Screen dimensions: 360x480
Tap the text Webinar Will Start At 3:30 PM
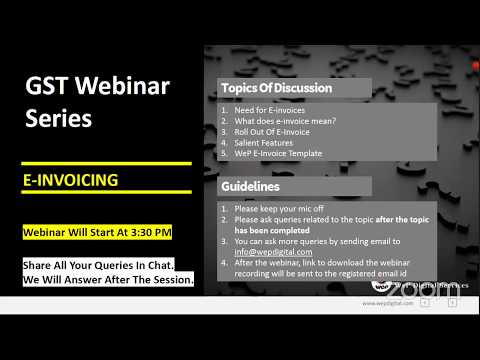[x=97, y=232]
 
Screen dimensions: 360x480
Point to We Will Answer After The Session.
[x=107, y=280]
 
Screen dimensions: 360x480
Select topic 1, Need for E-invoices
[x=270, y=110]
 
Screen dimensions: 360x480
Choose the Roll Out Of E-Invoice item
[x=276, y=132]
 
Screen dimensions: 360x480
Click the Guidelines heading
[x=250, y=186]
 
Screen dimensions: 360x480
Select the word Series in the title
[x=58, y=119]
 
